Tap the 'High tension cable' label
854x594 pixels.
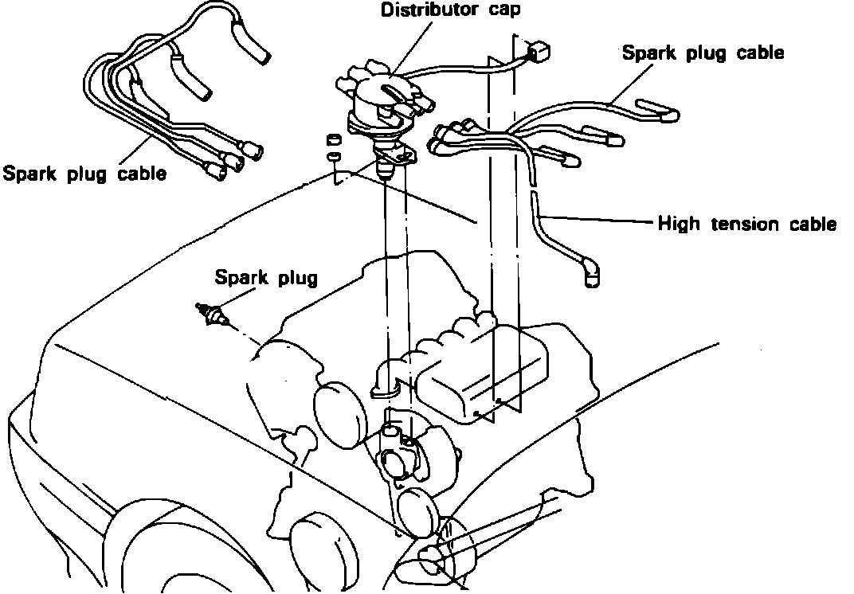click(746, 224)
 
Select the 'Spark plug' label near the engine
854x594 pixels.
click(265, 278)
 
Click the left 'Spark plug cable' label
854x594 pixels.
click(84, 173)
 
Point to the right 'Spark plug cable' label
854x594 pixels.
click(703, 53)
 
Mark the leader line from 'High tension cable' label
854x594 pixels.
click(597, 220)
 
